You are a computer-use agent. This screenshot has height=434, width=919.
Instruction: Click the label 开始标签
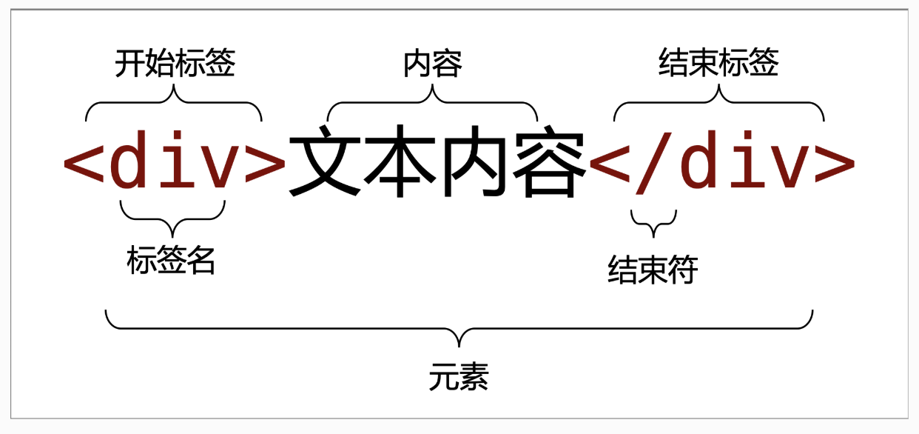[x=175, y=63]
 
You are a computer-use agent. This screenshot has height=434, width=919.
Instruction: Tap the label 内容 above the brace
[x=433, y=64]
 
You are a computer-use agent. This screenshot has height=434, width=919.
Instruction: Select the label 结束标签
[x=718, y=62]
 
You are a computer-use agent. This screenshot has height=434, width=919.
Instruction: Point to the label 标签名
[x=171, y=260]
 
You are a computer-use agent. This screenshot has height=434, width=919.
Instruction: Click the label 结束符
[x=653, y=270]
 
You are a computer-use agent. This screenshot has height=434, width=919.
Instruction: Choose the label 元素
[x=459, y=376]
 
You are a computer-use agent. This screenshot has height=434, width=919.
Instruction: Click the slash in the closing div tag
[x=654, y=163]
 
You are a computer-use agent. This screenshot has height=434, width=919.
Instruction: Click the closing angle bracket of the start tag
[x=266, y=163]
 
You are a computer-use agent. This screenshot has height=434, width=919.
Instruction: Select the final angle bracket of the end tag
[x=835, y=163]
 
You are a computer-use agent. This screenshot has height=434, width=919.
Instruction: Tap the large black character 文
[x=326, y=161]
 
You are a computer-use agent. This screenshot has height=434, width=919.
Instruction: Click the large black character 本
[x=400, y=161]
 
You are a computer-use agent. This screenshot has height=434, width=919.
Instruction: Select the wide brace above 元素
[x=459, y=329]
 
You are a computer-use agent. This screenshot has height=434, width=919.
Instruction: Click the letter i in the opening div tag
[x=178, y=159]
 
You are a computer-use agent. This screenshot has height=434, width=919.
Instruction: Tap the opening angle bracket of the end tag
[x=609, y=163]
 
